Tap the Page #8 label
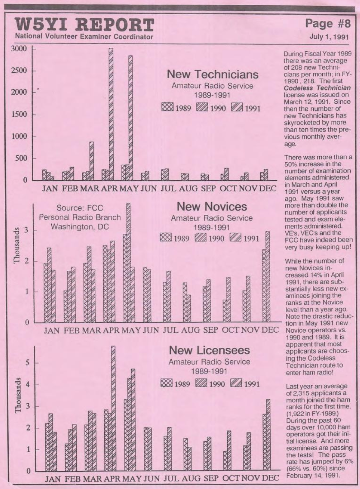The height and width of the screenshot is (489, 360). (x=327, y=24)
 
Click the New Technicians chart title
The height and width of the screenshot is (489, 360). (x=213, y=74)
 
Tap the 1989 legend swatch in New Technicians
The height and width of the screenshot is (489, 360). (x=167, y=108)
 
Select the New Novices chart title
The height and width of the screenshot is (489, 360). (x=212, y=206)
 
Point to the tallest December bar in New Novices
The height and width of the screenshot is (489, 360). (x=267, y=276)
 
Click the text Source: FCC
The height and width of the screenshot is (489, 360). (x=80, y=208)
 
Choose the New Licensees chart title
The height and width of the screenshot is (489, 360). (x=209, y=350)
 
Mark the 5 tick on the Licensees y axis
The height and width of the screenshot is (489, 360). (x=27, y=363)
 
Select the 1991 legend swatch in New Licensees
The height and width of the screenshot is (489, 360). (x=237, y=383)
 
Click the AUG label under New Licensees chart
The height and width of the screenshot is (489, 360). (x=191, y=478)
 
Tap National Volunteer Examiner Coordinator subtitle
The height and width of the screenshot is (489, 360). (x=84, y=37)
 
